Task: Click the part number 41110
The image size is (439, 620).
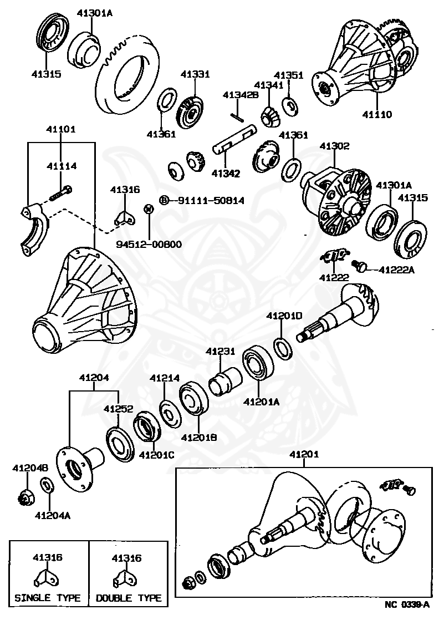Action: (377, 115)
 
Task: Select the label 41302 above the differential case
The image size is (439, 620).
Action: (334, 146)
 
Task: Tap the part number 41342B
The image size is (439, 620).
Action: (241, 95)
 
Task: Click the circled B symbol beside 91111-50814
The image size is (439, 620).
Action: (164, 200)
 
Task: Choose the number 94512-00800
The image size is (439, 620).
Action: (149, 244)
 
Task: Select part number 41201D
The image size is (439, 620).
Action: (284, 316)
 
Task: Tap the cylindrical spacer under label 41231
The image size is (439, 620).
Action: (224, 383)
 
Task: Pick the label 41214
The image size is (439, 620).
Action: (165, 378)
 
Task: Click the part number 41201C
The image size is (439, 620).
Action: (156, 455)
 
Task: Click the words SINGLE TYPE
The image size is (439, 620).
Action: (47, 598)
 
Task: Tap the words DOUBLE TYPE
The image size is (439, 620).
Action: (129, 598)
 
